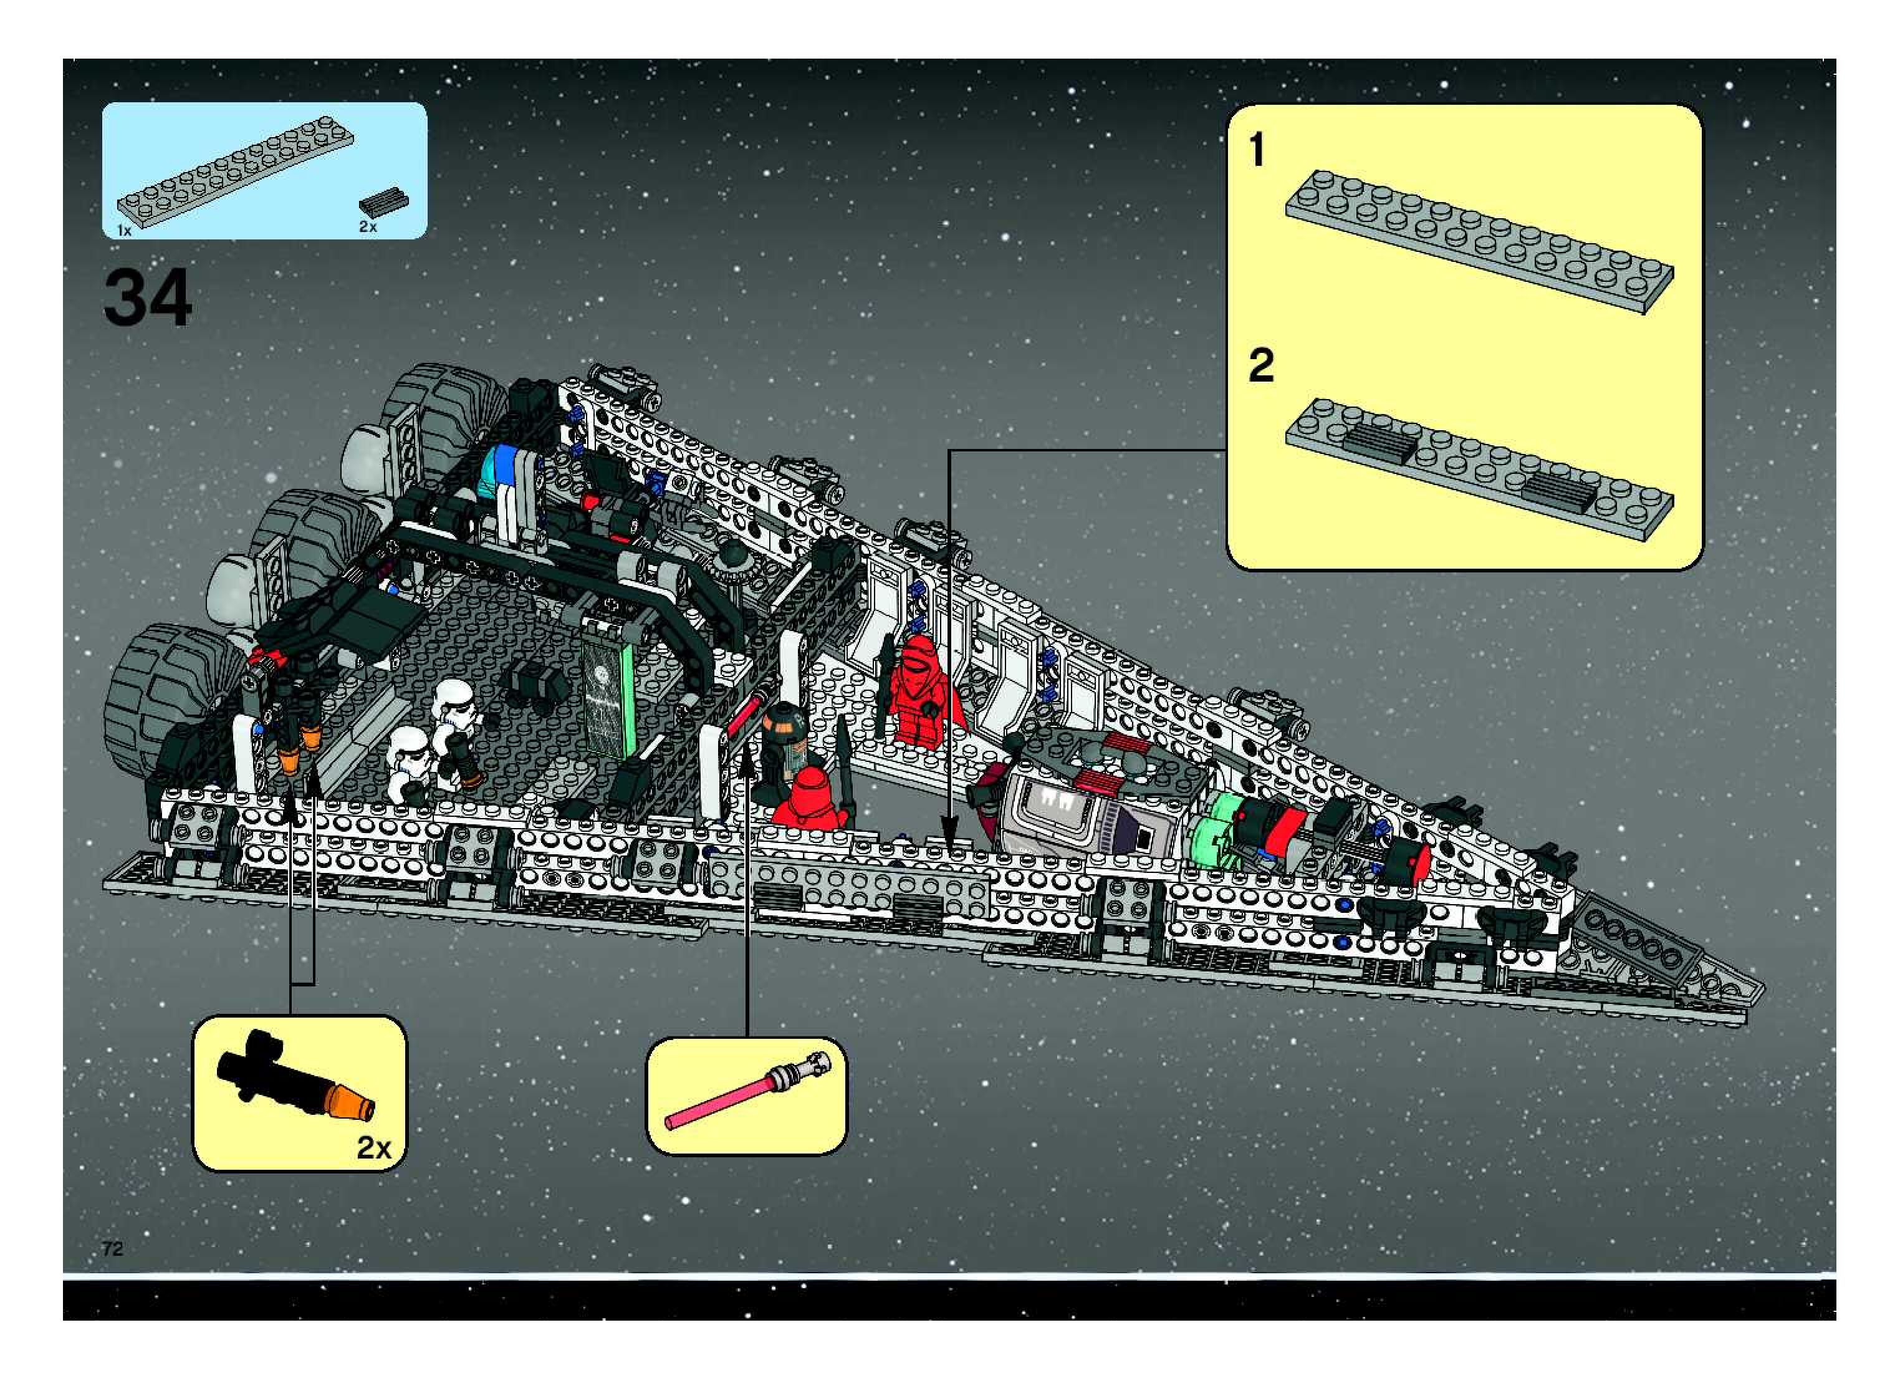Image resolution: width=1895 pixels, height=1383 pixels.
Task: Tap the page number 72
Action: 112,1248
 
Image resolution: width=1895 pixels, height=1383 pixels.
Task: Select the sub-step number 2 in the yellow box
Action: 1260,366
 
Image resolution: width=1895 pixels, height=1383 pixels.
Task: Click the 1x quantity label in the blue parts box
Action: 124,230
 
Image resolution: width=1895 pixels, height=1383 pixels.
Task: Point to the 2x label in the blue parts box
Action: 367,227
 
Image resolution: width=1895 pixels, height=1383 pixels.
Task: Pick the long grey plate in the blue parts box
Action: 234,170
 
